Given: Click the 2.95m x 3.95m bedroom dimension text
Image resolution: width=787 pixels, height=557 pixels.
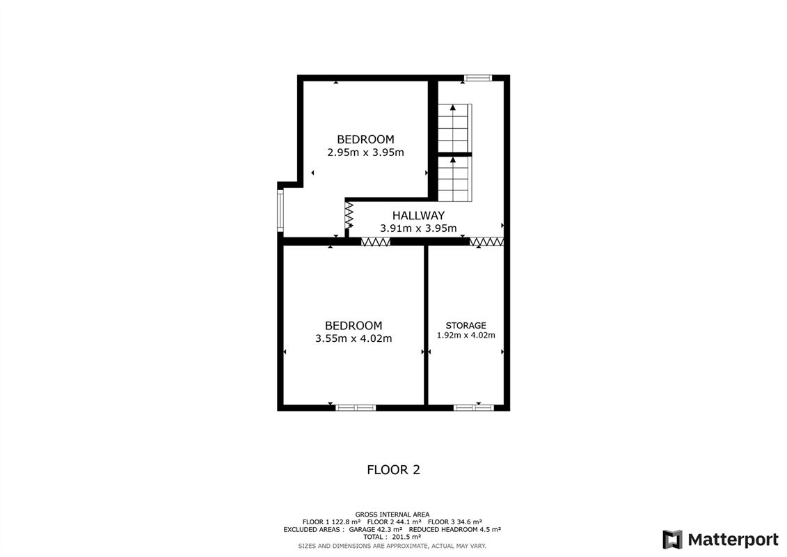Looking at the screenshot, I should pos(365,152).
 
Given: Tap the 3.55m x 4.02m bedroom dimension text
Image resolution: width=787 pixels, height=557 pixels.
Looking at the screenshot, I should pos(353,339).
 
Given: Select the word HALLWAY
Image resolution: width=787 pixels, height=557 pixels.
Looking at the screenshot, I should pos(418,216).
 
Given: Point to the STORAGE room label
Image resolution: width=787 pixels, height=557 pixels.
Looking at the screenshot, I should pos(466,325).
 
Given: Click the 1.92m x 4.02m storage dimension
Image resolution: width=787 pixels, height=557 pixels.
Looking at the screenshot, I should pos(466,335).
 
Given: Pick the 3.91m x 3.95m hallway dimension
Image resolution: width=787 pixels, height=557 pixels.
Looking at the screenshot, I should pos(418,228).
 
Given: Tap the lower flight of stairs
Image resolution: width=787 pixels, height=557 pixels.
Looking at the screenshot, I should pos(454,178).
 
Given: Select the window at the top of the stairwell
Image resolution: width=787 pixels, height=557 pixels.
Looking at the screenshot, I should pos(477,78).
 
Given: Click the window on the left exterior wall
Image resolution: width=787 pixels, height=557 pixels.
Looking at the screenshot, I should pos(280,212).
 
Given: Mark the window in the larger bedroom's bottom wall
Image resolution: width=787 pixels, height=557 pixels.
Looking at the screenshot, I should pos(355,407).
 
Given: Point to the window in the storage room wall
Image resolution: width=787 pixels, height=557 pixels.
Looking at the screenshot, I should pos(474,407).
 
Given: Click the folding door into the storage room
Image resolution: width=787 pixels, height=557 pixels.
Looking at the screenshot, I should pos(486,242).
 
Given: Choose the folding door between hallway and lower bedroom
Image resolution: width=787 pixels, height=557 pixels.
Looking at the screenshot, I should pos(375,242).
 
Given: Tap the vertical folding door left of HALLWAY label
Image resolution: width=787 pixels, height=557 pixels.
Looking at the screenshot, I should pos(349,214).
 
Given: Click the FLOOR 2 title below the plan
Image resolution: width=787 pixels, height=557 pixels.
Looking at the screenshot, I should pos(393,470).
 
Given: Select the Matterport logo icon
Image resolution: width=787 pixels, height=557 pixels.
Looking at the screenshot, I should pos(672,540).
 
